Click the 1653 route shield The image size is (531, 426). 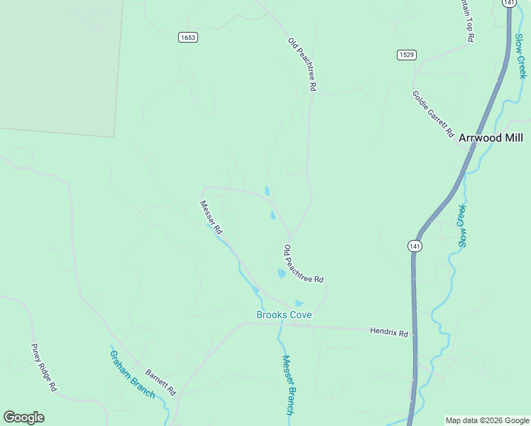188,38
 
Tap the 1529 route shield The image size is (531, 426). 407,55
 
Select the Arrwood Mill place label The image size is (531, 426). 491,138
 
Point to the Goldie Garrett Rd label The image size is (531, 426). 432,114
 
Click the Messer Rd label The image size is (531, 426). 211,218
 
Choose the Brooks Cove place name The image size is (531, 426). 284,315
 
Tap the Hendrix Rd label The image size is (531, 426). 389,332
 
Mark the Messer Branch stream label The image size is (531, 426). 288,384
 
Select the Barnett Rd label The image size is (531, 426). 160,382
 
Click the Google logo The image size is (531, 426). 23,417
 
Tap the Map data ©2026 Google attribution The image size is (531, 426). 487,420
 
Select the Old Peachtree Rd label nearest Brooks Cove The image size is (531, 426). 304,264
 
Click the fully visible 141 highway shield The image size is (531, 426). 415,246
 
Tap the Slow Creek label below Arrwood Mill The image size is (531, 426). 462,225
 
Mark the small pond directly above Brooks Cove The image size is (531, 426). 299,303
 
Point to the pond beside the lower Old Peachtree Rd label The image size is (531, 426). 282,273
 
